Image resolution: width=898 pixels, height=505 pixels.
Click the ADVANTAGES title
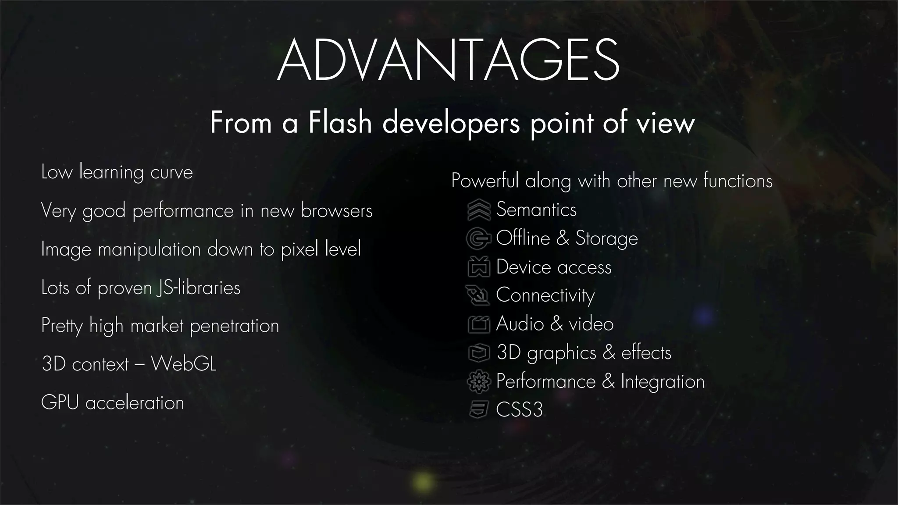pyautogui.click(x=448, y=60)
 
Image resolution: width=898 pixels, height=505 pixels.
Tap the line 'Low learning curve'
pyautogui.click(x=117, y=172)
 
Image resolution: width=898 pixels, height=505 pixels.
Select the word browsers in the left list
pyautogui.click(x=336, y=211)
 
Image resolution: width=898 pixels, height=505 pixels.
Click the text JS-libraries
pyautogui.click(x=198, y=288)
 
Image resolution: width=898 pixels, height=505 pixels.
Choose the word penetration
pyautogui.click(x=234, y=326)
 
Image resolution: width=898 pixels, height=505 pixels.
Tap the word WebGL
pyautogui.click(x=184, y=364)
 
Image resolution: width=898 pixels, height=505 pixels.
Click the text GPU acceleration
pyautogui.click(x=113, y=402)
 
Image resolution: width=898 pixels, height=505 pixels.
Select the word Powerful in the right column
pyautogui.click(x=485, y=181)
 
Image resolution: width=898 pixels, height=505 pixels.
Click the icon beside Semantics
pyautogui.click(x=478, y=210)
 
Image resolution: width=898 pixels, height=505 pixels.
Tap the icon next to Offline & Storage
pyautogui.click(x=478, y=238)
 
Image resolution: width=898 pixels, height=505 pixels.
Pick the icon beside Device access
pyautogui.click(x=478, y=267)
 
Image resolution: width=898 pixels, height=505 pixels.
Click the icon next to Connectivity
pyautogui.click(x=478, y=295)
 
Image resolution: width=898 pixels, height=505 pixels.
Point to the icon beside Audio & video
pyautogui.click(x=478, y=324)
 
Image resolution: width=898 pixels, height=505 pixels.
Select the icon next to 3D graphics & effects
pyautogui.click(x=478, y=352)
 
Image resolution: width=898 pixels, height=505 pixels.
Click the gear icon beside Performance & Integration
pyautogui.click(x=478, y=381)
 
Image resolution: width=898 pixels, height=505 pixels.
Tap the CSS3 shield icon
pyautogui.click(x=478, y=410)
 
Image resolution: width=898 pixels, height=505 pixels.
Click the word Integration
pyautogui.click(x=663, y=381)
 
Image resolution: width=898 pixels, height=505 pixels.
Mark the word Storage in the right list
pyautogui.click(x=606, y=238)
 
